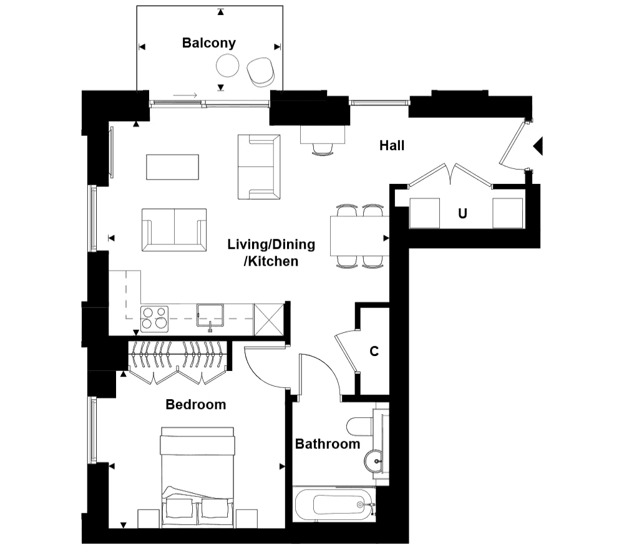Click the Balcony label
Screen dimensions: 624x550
tap(209, 43)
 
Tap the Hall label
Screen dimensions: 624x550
tap(392, 145)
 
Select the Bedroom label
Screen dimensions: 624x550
tap(196, 405)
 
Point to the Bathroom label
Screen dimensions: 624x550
tap(328, 444)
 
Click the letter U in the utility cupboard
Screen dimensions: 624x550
tap(462, 213)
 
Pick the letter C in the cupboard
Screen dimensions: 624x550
tap(374, 351)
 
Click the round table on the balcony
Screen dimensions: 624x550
tap(228, 65)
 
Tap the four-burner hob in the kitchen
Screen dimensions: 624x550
tap(154, 319)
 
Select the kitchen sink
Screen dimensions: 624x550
tap(210, 316)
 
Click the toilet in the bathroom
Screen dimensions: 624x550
tap(360, 427)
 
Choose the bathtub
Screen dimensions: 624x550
tap(334, 504)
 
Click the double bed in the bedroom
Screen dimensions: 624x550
tap(197, 477)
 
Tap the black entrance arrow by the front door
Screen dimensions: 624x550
tap(539, 146)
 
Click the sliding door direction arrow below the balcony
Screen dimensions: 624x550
tap(185, 95)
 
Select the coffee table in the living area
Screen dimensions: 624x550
tap(172, 167)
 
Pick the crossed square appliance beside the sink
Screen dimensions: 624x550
tap(269, 319)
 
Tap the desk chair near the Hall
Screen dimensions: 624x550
tap(323, 150)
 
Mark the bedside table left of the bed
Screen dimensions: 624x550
tap(149, 519)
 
